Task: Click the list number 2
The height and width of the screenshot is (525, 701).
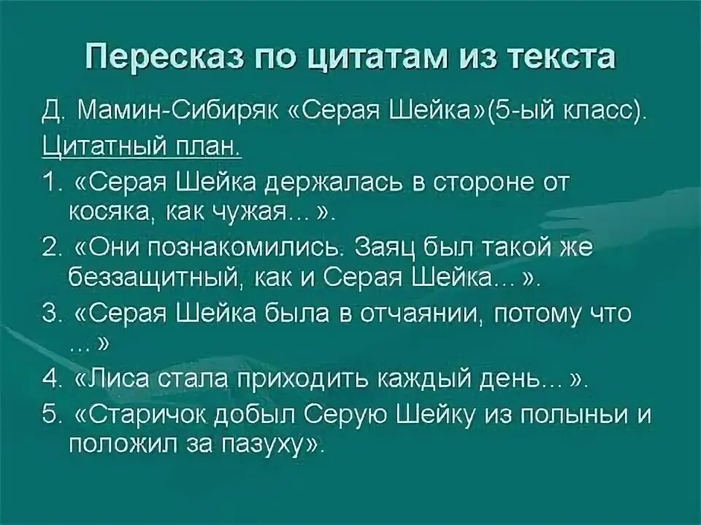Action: [50, 248]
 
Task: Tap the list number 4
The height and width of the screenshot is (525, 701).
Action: [50, 379]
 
